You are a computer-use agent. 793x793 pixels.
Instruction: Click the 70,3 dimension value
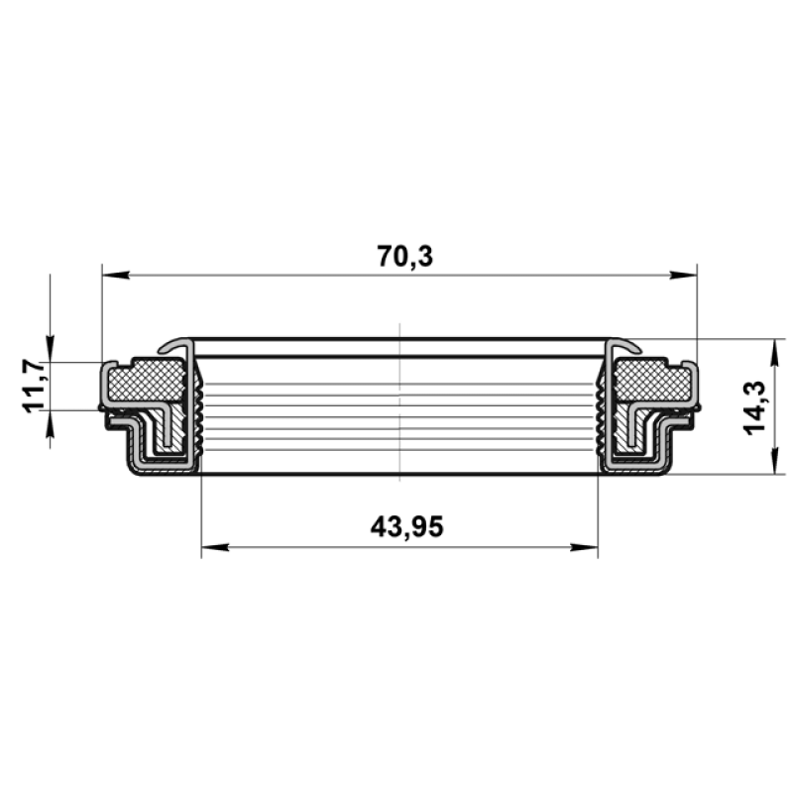[405, 257]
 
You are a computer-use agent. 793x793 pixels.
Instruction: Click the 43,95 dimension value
[406, 527]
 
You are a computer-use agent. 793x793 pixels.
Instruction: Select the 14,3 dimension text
[755, 408]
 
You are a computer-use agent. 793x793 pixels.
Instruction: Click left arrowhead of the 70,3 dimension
[115, 276]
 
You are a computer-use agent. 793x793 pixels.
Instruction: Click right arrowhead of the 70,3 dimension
[683, 276]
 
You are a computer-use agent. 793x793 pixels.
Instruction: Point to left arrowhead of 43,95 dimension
[215, 547]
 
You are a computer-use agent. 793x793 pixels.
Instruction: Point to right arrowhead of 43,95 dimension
[584, 547]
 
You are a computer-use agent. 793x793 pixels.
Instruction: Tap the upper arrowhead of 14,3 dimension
[774, 353]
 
